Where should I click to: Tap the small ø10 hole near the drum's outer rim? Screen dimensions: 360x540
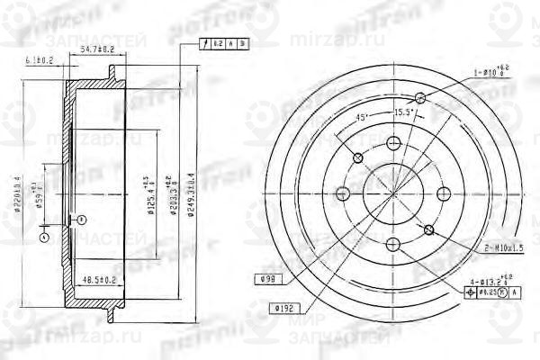tap(420, 99)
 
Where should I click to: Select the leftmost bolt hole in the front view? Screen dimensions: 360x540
tap(342, 192)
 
